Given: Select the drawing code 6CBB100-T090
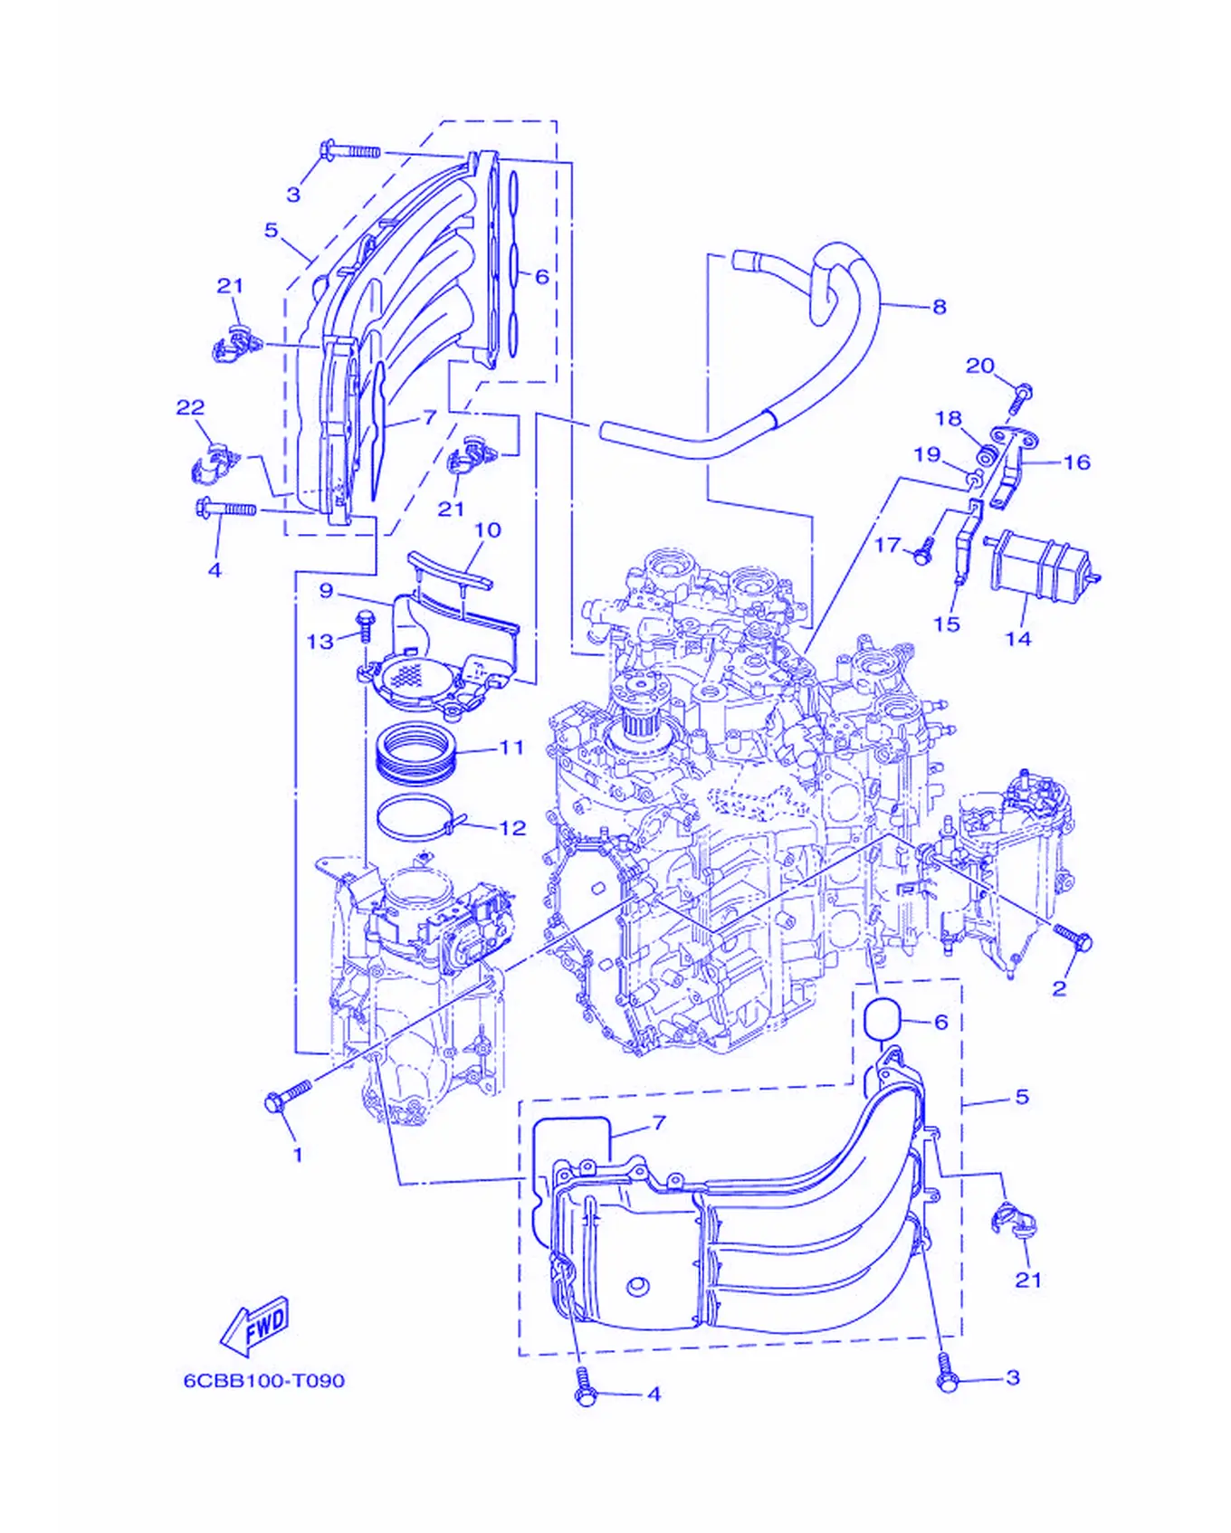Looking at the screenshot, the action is (264, 1381).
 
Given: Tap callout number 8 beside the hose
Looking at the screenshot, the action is (940, 307).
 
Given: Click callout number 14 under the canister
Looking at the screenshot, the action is (1018, 639).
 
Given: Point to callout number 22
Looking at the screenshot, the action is (190, 408).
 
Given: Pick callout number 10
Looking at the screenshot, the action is (487, 530).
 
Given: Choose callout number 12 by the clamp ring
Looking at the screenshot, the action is (512, 828).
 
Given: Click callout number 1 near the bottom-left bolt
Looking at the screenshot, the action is (297, 1156).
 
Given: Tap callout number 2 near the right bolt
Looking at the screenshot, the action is (1059, 988).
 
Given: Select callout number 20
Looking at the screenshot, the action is (980, 366).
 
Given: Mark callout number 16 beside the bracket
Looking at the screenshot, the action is (1076, 462).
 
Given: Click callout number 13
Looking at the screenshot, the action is (320, 642).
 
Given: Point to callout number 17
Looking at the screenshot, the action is (888, 545).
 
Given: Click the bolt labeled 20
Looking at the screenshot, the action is (1022, 397).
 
